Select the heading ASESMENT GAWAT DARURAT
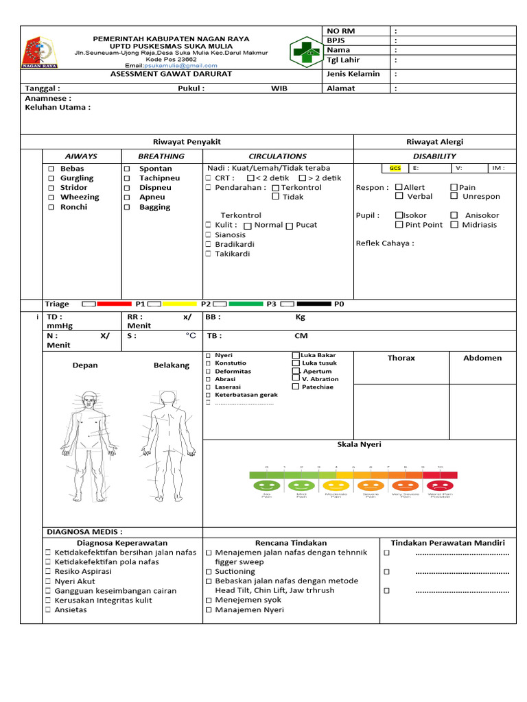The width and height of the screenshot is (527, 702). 172,74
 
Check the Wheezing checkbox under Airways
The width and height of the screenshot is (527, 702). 51,197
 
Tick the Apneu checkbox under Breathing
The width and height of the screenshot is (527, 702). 126,197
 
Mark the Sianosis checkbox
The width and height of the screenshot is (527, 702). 209,235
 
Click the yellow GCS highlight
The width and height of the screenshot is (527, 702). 395,168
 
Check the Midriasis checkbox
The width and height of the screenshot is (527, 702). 454,225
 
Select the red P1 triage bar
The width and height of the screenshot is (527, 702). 114,303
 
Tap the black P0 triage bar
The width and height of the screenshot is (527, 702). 315,303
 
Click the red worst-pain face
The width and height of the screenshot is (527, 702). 439,485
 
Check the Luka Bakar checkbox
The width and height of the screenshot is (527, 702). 296,355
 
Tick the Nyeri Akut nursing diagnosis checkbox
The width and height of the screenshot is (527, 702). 48,581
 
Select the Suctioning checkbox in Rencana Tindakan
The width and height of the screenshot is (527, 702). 209,571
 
